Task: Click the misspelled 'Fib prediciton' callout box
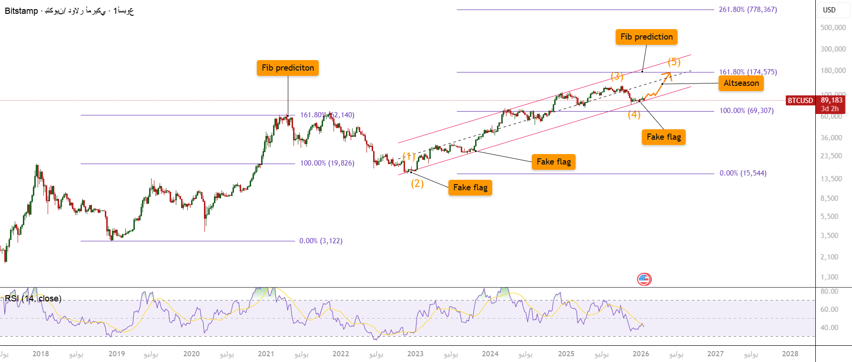point(287,68)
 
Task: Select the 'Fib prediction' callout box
point(646,37)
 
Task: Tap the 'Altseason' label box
point(741,83)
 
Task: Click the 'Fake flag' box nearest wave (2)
point(470,187)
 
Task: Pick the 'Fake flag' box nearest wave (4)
point(663,137)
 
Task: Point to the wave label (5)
point(674,62)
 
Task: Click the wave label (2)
point(417,183)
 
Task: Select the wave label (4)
point(634,114)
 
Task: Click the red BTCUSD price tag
point(801,101)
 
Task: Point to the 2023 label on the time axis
point(415,354)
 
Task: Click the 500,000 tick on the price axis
point(833,28)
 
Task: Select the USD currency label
point(829,10)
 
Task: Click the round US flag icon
point(644,279)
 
